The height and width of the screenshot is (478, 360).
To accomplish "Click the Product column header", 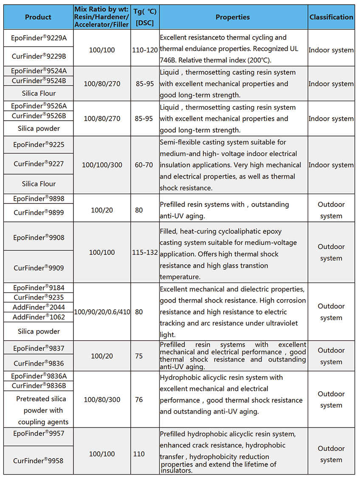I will [x=38, y=17].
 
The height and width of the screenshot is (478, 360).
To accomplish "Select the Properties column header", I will [x=233, y=17].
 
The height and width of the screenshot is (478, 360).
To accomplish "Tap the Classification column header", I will [x=331, y=17].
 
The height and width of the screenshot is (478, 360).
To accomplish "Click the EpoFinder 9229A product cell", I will [x=39, y=38].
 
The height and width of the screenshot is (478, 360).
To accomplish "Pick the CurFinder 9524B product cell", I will [x=39, y=81].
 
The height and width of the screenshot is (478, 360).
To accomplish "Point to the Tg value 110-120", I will [x=145, y=50].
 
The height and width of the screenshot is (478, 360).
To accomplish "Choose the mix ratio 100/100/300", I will [x=102, y=165].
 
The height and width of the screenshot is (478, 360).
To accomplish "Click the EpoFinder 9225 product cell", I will [x=39, y=145].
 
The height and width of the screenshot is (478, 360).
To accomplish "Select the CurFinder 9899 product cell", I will [x=39, y=213].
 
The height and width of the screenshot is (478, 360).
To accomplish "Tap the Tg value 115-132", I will [x=145, y=252].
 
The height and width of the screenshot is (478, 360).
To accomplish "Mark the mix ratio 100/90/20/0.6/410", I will [x=102, y=312].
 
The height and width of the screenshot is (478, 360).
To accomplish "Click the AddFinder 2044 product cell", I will [x=39, y=307].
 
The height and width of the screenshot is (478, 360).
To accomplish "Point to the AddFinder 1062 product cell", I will [x=39, y=317].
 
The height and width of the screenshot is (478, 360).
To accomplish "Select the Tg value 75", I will [x=139, y=356].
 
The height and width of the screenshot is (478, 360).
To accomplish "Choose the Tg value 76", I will [x=139, y=400].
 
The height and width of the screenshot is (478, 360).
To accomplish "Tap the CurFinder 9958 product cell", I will [x=39, y=461].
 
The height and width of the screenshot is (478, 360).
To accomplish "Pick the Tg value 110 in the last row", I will [x=139, y=454].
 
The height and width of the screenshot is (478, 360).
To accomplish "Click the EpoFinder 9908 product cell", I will [x=39, y=238].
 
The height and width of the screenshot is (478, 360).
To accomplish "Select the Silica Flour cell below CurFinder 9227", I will [x=39, y=184].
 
